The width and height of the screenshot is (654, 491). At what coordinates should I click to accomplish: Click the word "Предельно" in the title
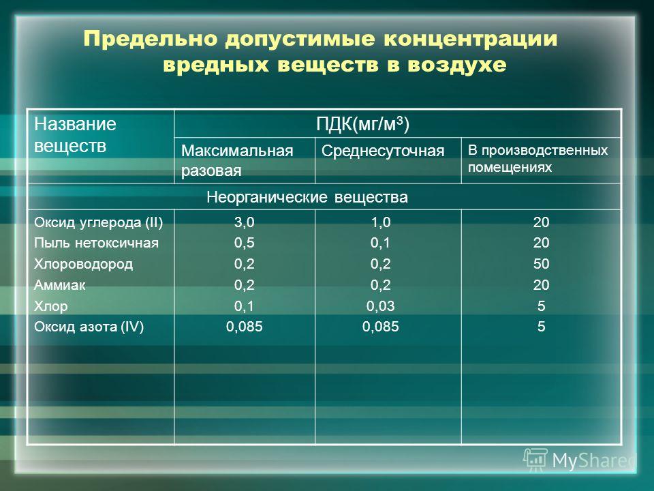click(x=151, y=39)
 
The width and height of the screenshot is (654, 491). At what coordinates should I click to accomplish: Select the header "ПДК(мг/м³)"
click(x=362, y=123)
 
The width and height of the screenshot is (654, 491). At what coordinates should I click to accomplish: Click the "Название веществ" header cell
click(x=75, y=134)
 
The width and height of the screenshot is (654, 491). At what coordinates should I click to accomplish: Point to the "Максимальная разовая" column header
click(x=237, y=160)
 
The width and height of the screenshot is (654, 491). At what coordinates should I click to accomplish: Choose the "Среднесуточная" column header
click(x=383, y=151)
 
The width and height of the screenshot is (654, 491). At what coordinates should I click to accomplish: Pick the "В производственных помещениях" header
click(x=538, y=159)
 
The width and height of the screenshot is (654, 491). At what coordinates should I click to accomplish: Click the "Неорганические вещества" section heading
click(x=307, y=196)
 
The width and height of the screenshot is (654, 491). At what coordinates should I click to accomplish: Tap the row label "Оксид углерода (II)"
click(x=98, y=222)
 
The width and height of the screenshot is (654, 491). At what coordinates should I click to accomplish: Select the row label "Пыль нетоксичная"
click(x=96, y=243)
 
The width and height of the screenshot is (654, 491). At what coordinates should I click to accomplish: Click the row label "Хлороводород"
click(x=83, y=264)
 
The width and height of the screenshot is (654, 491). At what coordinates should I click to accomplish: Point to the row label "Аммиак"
click(x=60, y=285)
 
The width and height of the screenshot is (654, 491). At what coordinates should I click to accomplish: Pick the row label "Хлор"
click(x=51, y=306)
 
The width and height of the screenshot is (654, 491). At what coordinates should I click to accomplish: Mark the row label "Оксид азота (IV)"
click(x=89, y=327)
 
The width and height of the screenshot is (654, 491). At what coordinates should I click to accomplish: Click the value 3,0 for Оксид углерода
click(x=244, y=222)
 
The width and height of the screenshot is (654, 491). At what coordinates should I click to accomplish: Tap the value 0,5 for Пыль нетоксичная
click(x=244, y=243)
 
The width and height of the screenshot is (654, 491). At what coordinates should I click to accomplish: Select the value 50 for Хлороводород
click(x=541, y=264)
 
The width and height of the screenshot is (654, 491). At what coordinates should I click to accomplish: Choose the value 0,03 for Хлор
click(x=380, y=306)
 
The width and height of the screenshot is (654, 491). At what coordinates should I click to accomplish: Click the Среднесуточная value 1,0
click(x=380, y=222)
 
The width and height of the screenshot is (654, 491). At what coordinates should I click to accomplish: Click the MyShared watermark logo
click(x=580, y=460)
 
